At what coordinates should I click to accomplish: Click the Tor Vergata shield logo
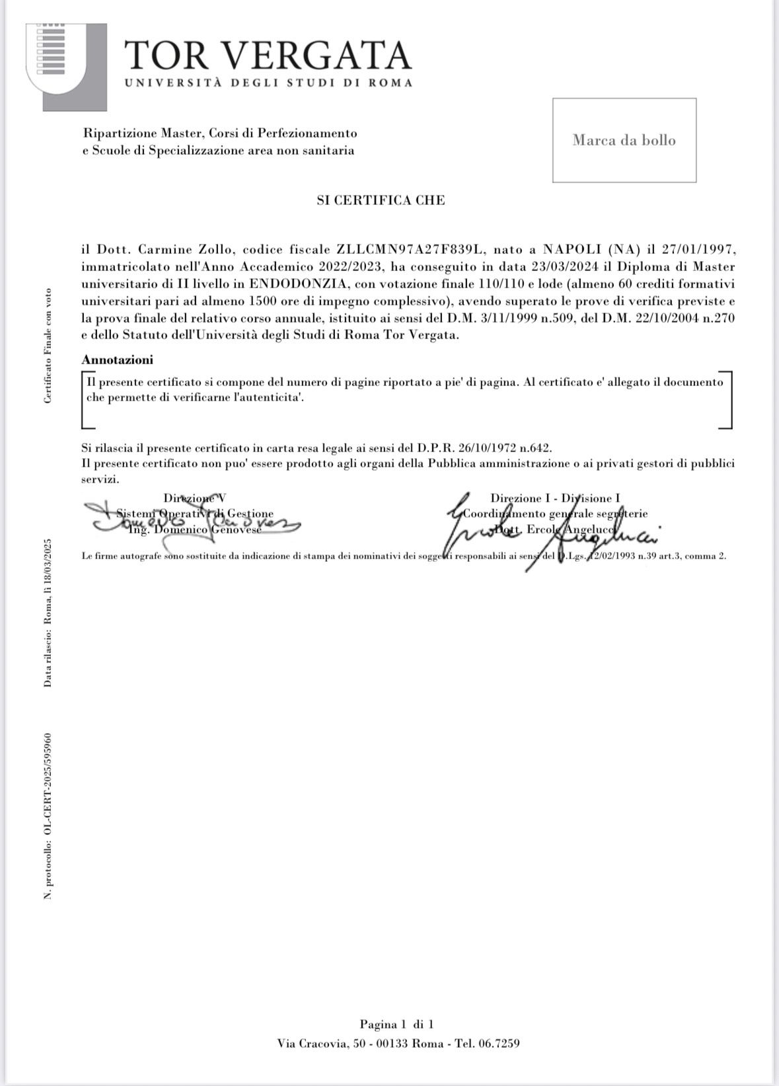(56, 66)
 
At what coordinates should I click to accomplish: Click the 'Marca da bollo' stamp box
(624, 140)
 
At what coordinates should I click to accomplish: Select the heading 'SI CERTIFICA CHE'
(381, 200)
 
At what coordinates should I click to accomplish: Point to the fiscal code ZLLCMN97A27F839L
(411, 251)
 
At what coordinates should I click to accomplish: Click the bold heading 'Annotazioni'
(117, 360)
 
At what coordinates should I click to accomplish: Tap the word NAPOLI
(572, 251)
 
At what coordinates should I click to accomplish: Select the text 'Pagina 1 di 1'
(396, 1025)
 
